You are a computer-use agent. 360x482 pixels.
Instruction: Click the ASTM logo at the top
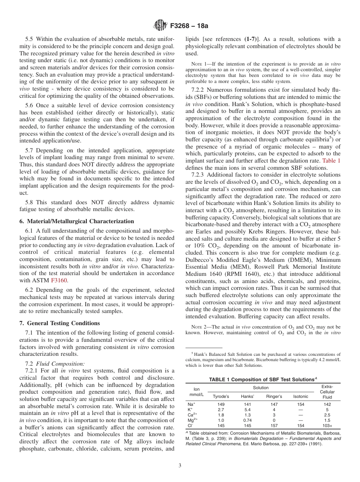[x=160, y=25]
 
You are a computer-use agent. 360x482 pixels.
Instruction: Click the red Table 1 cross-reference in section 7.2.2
[x=331, y=160]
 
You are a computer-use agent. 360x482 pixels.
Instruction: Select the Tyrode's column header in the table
[x=221, y=396]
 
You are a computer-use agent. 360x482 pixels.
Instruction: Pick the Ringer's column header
[x=274, y=396]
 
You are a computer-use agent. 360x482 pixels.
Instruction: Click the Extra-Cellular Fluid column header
[x=327, y=391]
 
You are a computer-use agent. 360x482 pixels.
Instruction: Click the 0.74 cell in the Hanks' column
[x=247, y=420]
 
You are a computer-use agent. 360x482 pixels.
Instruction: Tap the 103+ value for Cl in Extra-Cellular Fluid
[x=327, y=426]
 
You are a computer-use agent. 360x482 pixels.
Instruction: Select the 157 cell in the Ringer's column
[x=274, y=426]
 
